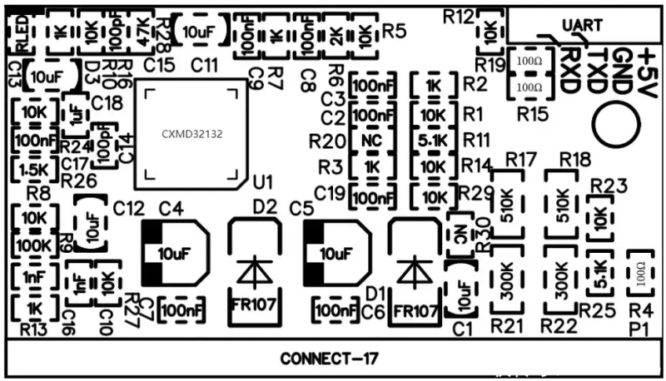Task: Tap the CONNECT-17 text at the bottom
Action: (330, 359)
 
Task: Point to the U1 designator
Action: (262, 181)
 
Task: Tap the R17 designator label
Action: (520, 158)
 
